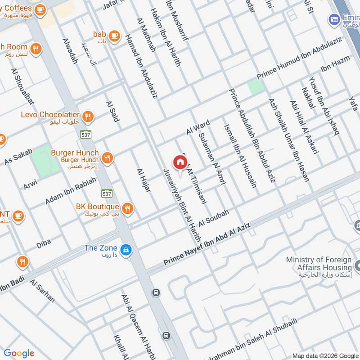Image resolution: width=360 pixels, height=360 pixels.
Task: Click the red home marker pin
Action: pyautogui.click(x=180, y=162)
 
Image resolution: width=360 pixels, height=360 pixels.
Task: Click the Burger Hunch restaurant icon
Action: pyautogui.click(x=107, y=157)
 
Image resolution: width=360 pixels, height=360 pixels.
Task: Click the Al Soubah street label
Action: pyautogui.click(x=214, y=217)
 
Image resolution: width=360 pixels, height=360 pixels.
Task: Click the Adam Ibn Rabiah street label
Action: pyautogui.click(x=71, y=191)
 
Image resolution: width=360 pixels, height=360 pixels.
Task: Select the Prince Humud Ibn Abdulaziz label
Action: pyautogui.click(x=300, y=58)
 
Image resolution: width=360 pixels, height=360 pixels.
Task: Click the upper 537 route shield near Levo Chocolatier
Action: pyautogui.click(x=86, y=134)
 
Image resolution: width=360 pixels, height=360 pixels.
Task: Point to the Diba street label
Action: pyautogui.click(x=44, y=243)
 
